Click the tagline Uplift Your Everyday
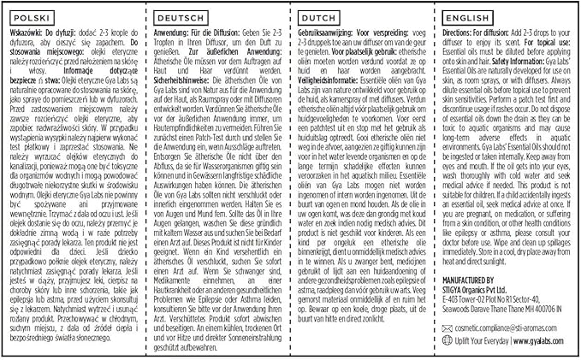(481, 339)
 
